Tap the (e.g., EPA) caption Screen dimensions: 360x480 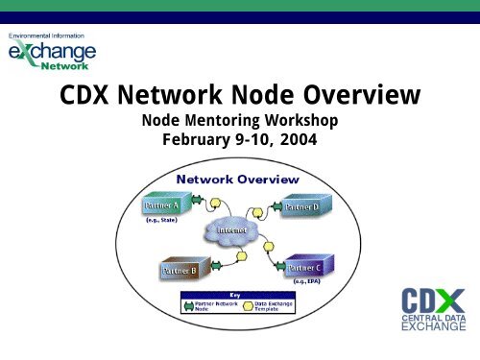[x=312, y=284]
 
